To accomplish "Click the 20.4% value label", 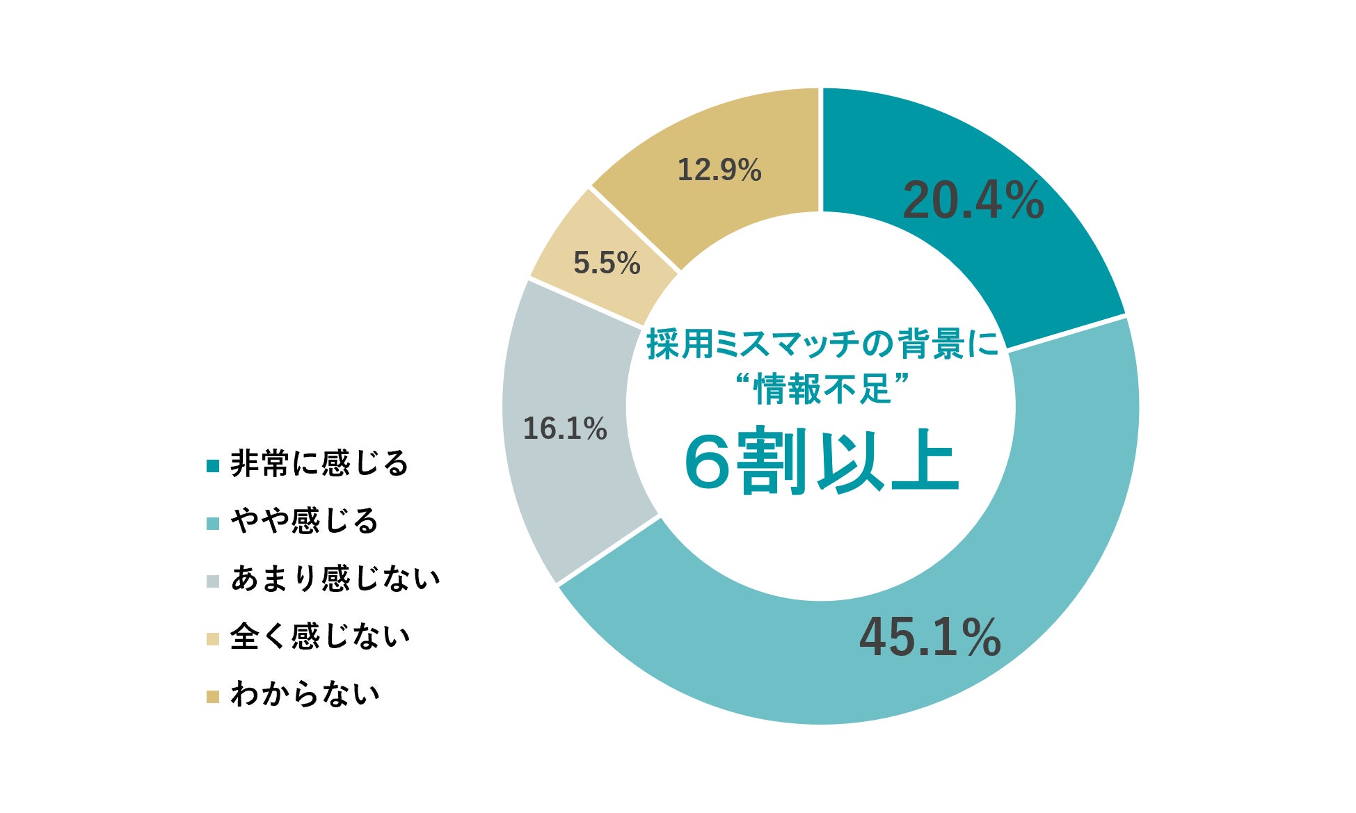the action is pos(973,200).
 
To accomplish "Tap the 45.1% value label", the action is pos(930,637).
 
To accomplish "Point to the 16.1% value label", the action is pos(565,428).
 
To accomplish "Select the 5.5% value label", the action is pos(607,263).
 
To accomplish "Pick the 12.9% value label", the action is pos(719,170).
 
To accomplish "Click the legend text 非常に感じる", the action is pos(319,463).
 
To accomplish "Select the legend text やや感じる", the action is pos(304,521).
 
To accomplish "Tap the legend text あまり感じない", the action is pos(335,579).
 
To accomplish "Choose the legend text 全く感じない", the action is pos(319,636).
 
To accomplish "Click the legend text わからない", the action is pos(305,694).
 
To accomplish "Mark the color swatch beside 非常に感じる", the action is pos(213,466).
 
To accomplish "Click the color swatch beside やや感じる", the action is pos(213,524).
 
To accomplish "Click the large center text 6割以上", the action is pos(822,462).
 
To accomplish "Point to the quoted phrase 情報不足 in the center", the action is pos(822,388).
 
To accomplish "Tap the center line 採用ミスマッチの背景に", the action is pos(822,344).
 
